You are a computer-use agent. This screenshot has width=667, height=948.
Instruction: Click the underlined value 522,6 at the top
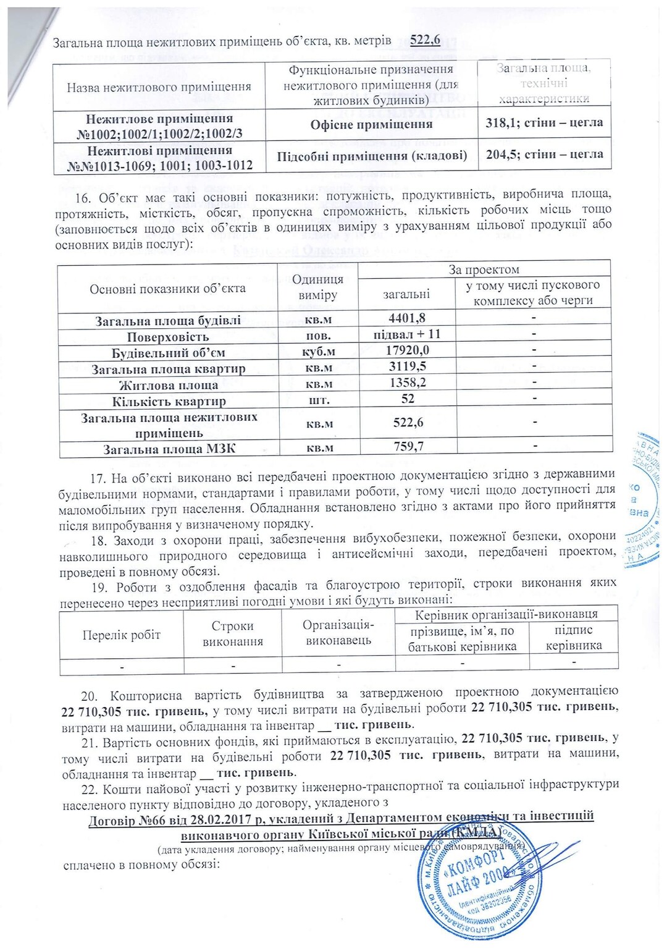[x=425, y=40]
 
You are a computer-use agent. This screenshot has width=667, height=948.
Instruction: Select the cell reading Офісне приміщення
[x=371, y=124]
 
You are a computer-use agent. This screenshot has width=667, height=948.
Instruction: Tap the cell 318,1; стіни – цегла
[x=544, y=122]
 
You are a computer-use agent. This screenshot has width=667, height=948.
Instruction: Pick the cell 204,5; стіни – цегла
[x=544, y=154]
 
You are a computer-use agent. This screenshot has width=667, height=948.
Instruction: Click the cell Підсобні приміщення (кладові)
[x=372, y=156]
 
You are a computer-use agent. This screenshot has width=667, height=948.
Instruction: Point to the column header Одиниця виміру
[x=317, y=287]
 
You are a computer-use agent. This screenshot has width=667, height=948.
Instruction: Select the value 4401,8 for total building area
[x=407, y=318]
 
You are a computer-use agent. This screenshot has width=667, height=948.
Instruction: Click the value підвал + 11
[x=407, y=334]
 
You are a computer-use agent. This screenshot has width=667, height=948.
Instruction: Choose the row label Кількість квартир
[x=169, y=401]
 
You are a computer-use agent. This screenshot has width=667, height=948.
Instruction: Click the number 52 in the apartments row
[x=408, y=399]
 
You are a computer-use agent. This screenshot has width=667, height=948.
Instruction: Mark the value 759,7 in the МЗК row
[x=409, y=446]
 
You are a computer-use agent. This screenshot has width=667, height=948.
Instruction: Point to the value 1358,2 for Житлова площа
[x=408, y=383]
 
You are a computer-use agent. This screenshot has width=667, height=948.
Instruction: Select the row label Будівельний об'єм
[x=168, y=353]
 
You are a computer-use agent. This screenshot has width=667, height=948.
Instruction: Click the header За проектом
[x=484, y=269]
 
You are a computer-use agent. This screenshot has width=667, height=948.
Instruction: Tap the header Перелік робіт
[x=121, y=635]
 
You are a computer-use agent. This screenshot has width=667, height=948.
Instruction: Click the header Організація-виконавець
[x=338, y=633]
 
